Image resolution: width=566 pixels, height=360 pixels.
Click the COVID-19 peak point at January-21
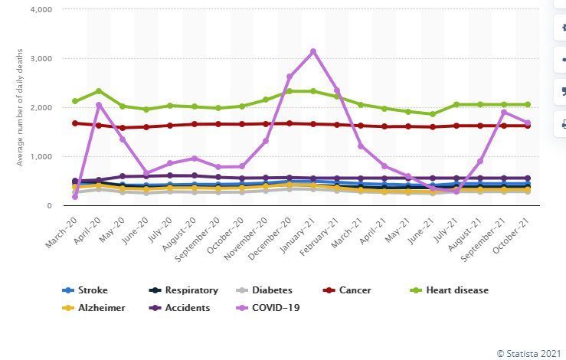(x=313, y=51)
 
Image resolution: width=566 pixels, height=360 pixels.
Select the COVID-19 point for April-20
(x=99, y=105)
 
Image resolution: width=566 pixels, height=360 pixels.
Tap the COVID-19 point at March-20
(x=74, y=197)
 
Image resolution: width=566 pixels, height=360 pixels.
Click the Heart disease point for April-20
(x=99, y=91)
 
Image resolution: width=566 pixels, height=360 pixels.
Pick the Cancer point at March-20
(x=74, y=123)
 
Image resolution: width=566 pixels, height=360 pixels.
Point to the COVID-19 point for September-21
(x=504, y=112)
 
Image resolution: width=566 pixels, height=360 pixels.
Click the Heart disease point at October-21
(x=528, y=104)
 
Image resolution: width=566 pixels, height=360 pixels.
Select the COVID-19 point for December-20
(x=290, y=77)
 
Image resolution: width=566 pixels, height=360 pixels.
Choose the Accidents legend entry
(x=185, y=307)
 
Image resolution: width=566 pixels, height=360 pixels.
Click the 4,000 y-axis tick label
(x=40, y=9)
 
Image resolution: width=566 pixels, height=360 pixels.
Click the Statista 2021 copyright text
(x=528, y=353)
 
